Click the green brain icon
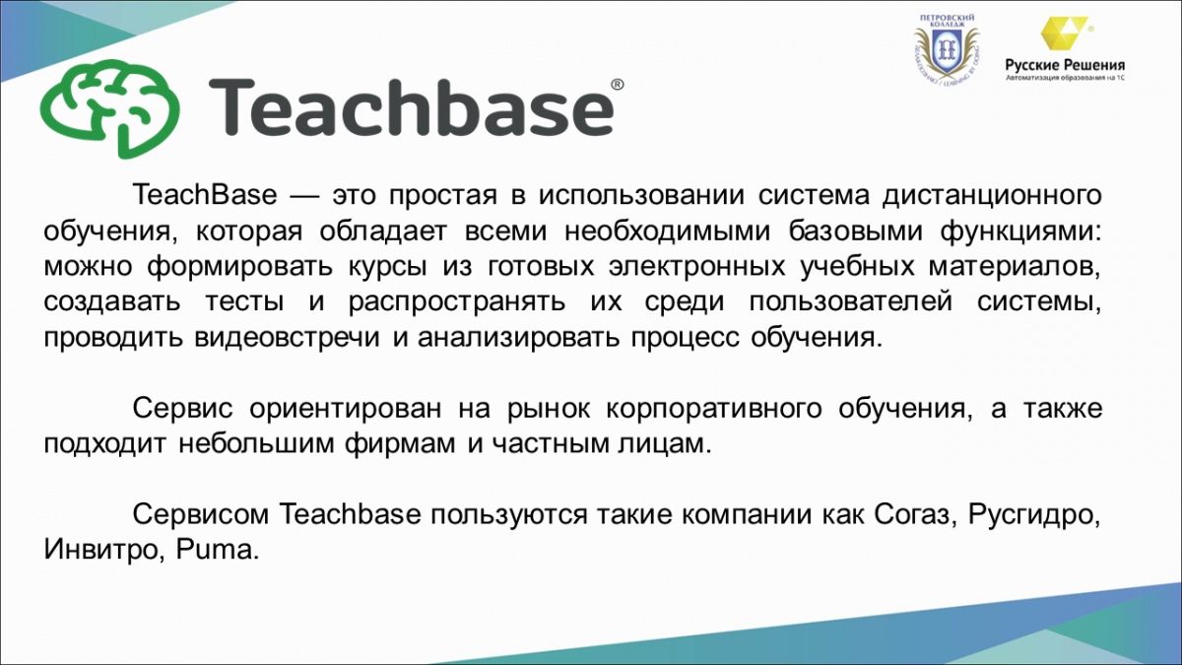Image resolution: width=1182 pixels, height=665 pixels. coord(109,108)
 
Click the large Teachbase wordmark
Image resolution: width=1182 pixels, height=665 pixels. coord(411,107)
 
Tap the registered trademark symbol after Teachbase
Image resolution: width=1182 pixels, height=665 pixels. coord(617,85)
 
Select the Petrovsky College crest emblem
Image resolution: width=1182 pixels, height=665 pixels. coord(947,51)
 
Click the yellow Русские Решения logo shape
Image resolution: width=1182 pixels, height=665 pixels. coord(1063,33)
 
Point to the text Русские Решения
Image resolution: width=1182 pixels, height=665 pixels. coord(1065,65)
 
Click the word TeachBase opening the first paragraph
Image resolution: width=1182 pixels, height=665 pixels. coord(205,195)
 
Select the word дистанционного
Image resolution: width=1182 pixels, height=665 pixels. coord(993,195)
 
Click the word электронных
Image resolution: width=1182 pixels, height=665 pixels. coord(697,267)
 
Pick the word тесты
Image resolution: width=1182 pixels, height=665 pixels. coord(244,301)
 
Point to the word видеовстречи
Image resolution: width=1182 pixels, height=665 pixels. coord(287,337)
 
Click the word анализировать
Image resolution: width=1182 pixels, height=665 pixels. coord(518,337)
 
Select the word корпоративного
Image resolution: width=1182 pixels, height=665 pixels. coord(714,409)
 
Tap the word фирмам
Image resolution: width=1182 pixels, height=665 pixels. coord(400,444)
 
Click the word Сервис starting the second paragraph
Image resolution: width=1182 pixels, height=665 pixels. coord(182,409)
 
